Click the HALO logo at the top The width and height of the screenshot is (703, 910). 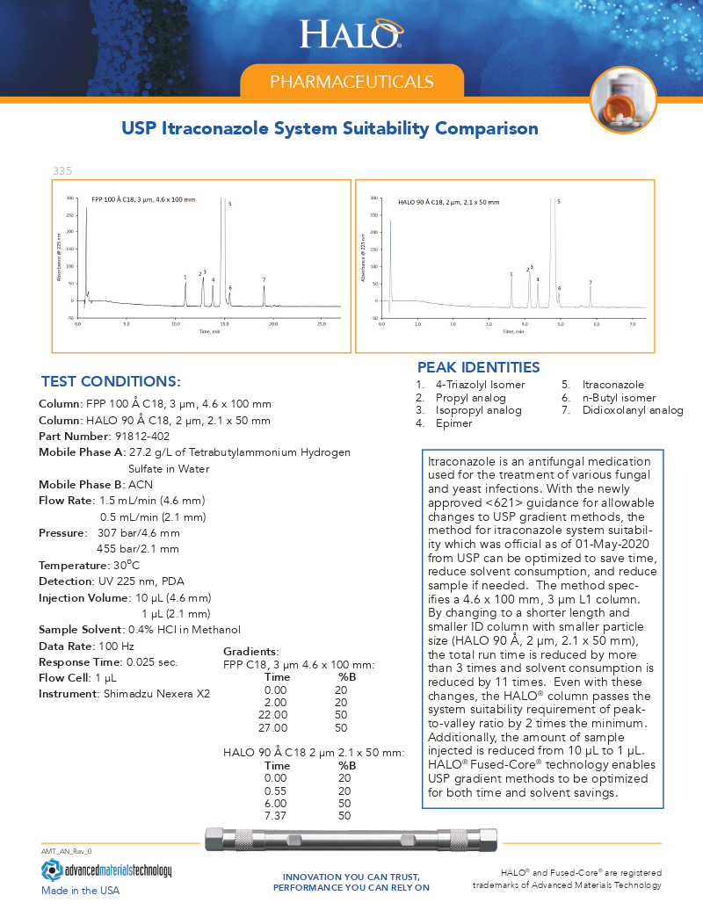351,34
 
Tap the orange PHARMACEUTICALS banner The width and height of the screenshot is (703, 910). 351,82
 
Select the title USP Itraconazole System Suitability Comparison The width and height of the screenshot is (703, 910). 330,129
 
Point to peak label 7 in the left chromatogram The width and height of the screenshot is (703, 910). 264,280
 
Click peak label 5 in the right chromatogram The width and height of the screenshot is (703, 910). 559,201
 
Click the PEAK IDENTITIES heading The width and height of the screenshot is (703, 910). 478,367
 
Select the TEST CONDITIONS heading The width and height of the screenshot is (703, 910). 111,381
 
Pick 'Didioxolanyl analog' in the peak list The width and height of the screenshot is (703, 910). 632,410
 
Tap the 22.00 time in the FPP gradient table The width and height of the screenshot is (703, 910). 276,715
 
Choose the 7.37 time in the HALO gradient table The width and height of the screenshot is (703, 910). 276,816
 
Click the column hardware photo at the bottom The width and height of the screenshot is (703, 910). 351,841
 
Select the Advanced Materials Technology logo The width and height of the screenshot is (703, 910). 106,870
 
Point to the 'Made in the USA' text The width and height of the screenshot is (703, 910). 80,891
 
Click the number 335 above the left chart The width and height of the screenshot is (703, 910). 62,170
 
